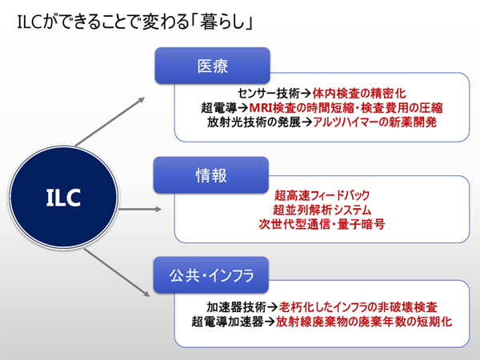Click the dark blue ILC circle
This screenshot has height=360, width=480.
click(64, 198)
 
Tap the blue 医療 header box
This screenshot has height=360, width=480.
click(213, 66)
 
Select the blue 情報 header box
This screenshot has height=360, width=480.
click(211, 175)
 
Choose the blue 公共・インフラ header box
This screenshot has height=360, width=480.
click(211, 275)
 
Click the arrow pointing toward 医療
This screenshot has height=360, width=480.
click(110, 122)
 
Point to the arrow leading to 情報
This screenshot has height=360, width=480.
click(140, 210)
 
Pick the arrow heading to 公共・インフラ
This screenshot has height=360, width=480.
click(117, 273)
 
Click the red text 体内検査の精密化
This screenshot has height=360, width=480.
click(359, 94)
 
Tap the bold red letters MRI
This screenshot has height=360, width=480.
click(261, 108)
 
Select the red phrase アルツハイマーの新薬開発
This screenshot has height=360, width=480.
click(375, 122)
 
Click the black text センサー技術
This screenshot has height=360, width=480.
click(269, 94)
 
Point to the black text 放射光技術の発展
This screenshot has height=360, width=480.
click(254, 122)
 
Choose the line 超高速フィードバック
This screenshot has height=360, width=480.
click(322, 195)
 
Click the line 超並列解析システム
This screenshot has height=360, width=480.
click(322, 210)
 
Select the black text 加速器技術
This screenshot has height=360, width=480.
click(236, 306)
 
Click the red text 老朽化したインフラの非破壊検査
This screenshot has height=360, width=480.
click(358, 306)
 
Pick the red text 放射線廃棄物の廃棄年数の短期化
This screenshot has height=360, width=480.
click(364, 322)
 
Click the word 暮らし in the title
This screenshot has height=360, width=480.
click(223, 22)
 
